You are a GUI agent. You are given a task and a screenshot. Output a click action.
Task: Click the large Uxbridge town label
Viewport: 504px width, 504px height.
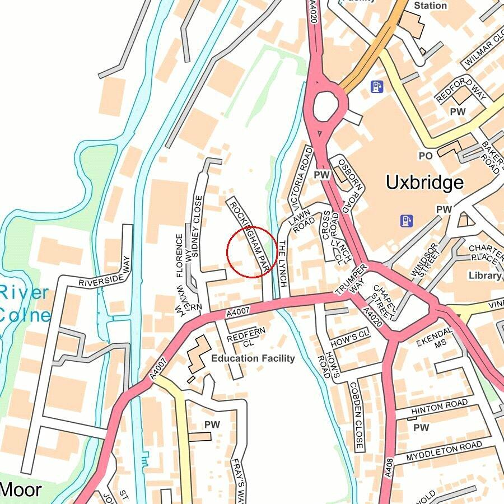click(x=424, y=183)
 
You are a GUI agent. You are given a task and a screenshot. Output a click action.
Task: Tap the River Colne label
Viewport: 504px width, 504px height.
click(x=25, y=304)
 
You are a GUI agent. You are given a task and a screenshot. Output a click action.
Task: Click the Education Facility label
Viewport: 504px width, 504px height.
click(x=253, y=358)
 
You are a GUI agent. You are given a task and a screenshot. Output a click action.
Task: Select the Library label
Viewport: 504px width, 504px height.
click(x=485, y=276)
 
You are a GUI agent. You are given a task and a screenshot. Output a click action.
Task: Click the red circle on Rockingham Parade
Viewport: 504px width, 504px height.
click(x=251, y=252)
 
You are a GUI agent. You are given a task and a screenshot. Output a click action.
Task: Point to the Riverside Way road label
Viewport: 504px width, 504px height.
click(x=104, y=274)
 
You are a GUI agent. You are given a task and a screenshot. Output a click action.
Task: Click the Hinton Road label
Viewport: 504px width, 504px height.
click(x=439, y=407)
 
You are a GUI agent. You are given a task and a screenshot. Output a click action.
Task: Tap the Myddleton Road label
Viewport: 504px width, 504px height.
click(x=444, y=450)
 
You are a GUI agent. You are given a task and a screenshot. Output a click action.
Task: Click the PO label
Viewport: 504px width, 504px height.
click(x=426, y=155)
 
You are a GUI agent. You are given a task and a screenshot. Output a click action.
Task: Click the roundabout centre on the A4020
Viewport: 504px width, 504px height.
click(x=326, y=105)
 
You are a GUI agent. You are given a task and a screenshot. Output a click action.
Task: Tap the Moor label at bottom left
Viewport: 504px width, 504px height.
click(x=21, y=489)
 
